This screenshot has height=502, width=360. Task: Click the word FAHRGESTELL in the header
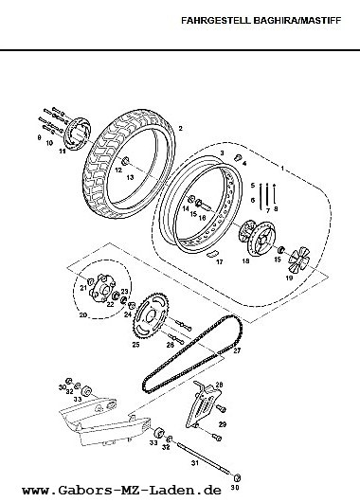(216, 21)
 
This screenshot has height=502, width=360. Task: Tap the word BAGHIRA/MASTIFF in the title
(297, 21)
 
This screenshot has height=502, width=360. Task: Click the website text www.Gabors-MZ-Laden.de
(121, 490)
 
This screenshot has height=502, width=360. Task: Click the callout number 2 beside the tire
(181, 129)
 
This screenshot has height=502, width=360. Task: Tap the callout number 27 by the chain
(237, 350)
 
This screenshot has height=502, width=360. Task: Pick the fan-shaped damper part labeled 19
(297, 260)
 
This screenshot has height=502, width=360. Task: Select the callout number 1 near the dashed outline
(282, 168)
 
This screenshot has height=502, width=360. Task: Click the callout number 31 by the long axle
(195, 463)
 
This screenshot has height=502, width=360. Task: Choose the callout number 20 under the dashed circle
(83, 314)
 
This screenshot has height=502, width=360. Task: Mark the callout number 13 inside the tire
(130, 177)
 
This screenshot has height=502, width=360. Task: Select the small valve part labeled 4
(238, 157)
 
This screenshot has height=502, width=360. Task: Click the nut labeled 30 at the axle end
(238, 478)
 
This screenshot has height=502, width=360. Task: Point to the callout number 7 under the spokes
(268, 211)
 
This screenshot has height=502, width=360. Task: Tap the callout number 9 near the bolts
(39, 137)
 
